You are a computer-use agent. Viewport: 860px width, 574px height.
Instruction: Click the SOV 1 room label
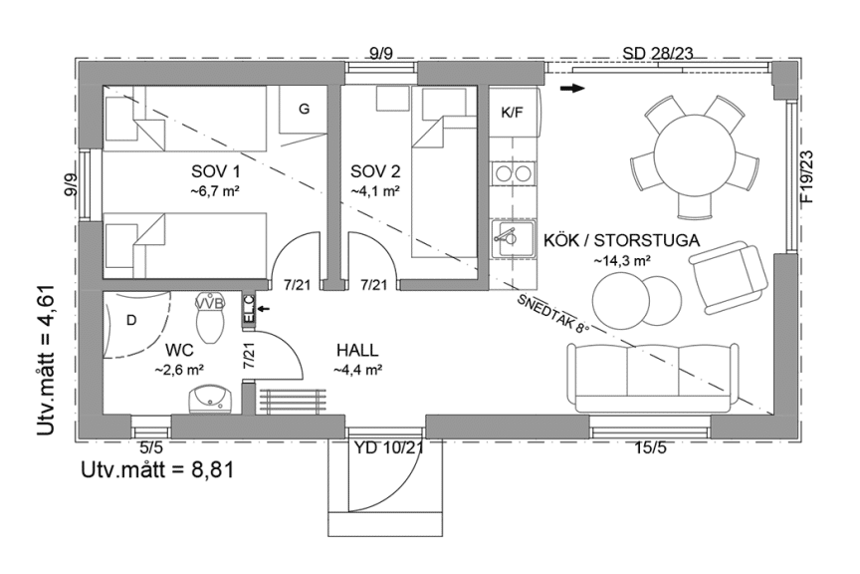[216, 171]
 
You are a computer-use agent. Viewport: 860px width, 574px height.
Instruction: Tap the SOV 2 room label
[375, 171]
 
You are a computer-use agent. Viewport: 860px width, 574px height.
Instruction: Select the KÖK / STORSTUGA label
[621, 240]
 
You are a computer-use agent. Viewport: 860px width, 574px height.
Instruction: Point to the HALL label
[357, 350]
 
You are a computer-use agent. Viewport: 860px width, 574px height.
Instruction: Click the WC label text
[179, 350]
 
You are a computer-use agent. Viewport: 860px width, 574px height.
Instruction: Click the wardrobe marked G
[304, 110]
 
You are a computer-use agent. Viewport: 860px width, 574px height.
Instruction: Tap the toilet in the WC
[210, 319]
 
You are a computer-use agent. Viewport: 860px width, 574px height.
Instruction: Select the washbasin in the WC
[211, 399]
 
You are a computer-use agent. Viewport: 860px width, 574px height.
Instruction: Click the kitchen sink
[514, 239]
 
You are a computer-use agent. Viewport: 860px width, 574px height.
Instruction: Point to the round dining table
[694, 154]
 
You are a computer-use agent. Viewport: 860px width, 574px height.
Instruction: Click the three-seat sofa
[653, 378]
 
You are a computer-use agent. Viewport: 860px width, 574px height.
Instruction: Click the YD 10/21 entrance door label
[388, 448]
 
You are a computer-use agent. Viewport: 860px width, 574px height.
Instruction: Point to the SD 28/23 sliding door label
[658, 53]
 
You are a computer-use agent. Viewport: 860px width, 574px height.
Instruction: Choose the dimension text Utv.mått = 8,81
[158, 470]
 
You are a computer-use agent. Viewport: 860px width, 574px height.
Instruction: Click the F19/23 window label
[807, 176]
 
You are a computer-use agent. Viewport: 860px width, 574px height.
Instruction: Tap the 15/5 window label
[651, 448]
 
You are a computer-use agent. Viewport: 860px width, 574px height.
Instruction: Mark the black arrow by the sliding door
[572, 88]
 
